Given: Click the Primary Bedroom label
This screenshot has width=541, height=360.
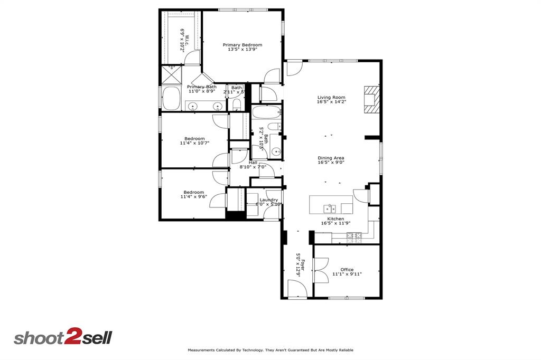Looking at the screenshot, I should click(x=242, y=45).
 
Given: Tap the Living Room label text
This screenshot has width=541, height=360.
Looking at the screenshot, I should click(x=331, y=97).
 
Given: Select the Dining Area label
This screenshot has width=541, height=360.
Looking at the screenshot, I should click(x=331, y=158).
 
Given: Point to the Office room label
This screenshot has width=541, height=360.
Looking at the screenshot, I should click(x=347, y=270).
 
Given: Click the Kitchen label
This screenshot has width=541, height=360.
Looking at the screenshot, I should click(x=335, y=219).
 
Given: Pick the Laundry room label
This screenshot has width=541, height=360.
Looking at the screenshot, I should click(x=268, y=200).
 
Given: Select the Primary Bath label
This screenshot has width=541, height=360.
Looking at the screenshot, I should click(x=201, y=87).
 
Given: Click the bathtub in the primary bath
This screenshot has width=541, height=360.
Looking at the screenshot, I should click(x=171, y=99).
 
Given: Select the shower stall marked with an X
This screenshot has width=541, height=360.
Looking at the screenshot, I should click(x=171, y=75).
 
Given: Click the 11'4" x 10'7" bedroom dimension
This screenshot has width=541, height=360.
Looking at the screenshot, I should click(x=194, y=143).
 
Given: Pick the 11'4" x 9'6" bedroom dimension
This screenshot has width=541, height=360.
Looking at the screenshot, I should click(x=194, y=197).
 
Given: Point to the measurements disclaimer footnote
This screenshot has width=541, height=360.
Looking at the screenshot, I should click(x=270, y=350).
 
